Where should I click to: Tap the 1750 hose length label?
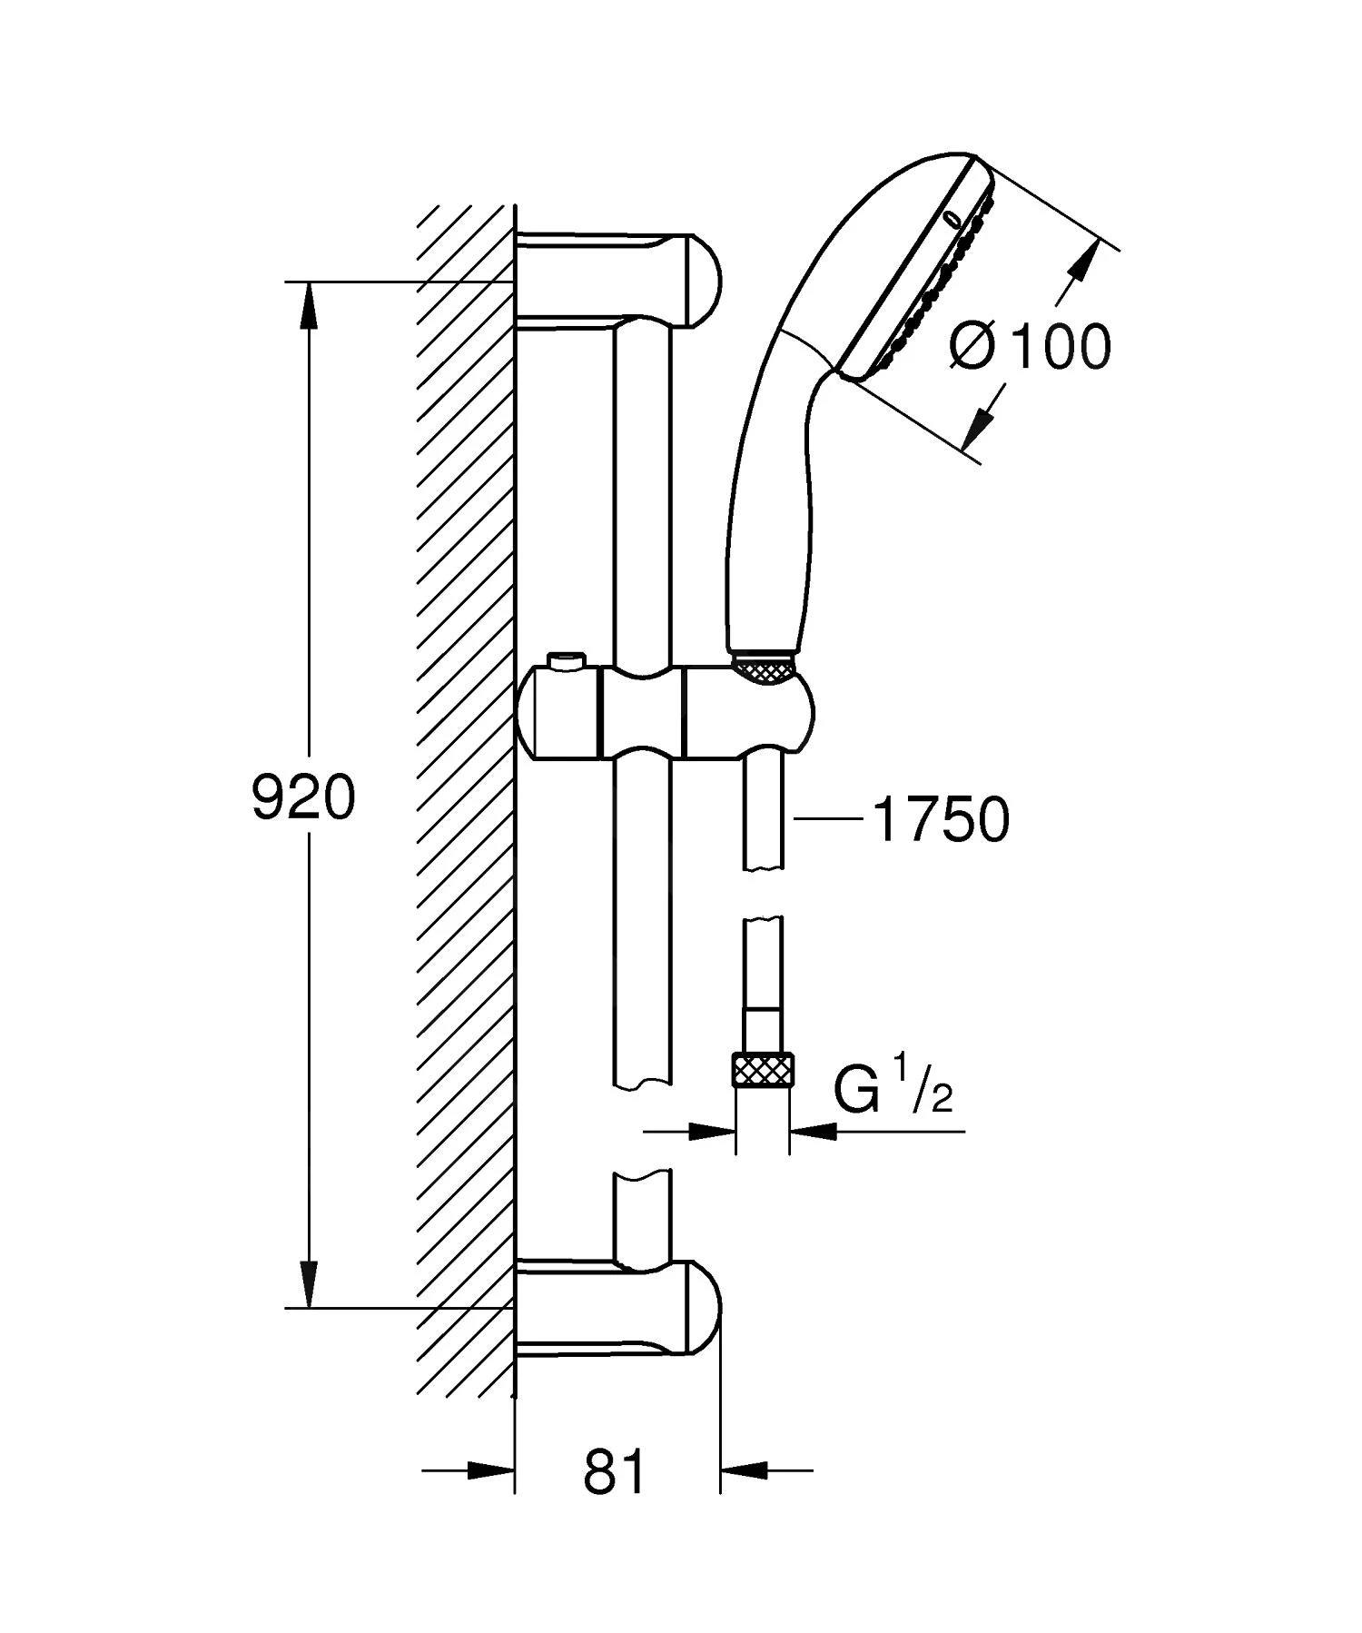[x=940, y=819]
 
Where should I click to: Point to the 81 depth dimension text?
[x=615, y=1471]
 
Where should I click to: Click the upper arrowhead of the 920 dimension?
[x=311, y=304]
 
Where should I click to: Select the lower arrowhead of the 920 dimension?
[x=311, y=1284]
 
